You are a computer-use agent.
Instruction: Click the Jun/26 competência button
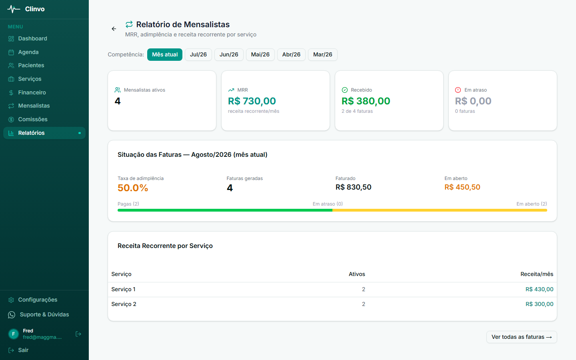pyautogui.click(x=229, y=54)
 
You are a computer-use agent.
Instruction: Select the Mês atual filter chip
pyautogui.click(x=164, y=54)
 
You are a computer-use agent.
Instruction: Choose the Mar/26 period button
pyautogui.click(x=322, y=54)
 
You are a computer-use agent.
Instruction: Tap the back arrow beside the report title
pyautogui.click(x=114, y=29)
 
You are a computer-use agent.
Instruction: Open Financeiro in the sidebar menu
pyautogui.click(x=32, y=92)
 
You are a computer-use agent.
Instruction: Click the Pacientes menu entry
pyautogui.click(x=31, y=65)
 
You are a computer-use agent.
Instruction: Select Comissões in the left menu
pyautogui.click(x=33, y=119)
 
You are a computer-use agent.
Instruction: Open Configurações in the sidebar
pyautogui.click(x=38, y=300)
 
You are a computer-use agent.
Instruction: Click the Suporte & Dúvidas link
pyautogui.click(x=44, y=314)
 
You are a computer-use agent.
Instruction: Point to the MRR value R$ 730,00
pyautogui.click(x=252, y=101)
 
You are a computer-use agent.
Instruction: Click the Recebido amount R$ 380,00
pyautogui.click(x=366, y=101)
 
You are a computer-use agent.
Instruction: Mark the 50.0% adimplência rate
pyautogui.click(x=133, y=188)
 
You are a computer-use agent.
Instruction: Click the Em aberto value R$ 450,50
pyautogui.click(x=462, y=187)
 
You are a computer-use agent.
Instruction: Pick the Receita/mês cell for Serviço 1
pyautogui.click(x=539, y=289)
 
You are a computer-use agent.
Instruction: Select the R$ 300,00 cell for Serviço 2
pyautogui.click(x=539, y=304)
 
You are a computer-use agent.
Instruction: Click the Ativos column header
pyautogui.click(x=357, y=274)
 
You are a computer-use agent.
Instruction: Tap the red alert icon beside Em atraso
pyautogui.click(x=458, y=90)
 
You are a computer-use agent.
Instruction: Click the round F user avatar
pyautogui.click(x=14, y=334)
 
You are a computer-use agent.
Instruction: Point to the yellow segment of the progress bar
pyautogui.click(x=440, y=210)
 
